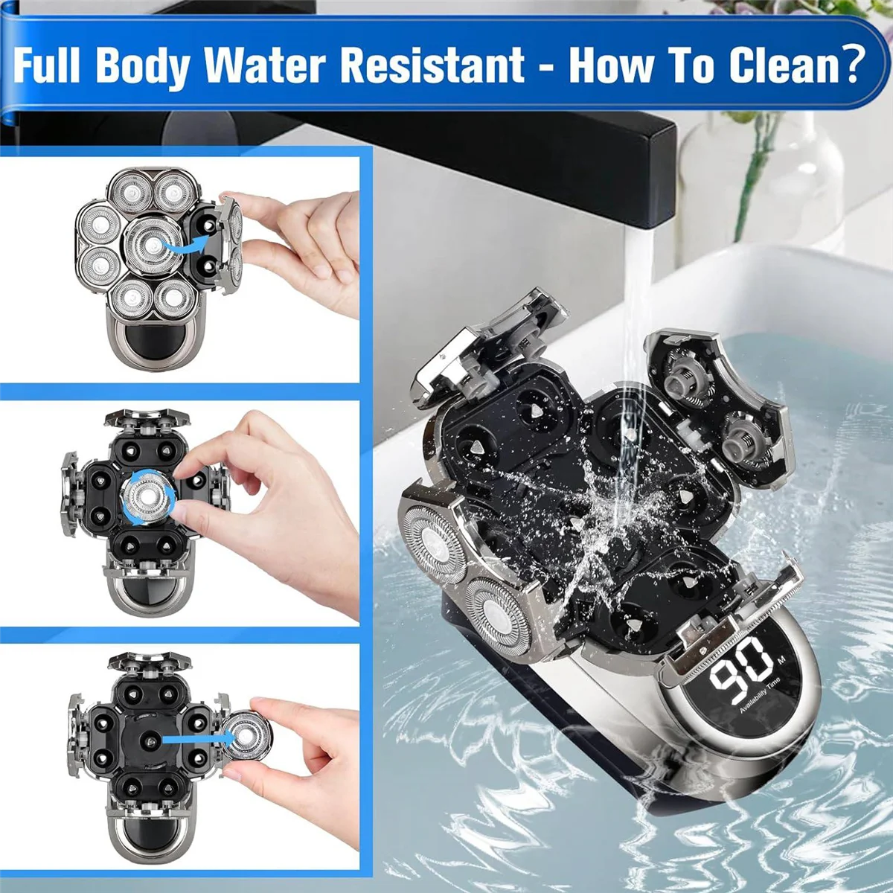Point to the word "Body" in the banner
point(142,65)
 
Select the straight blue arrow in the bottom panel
point(195,739)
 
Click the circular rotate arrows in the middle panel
point(152,493)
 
